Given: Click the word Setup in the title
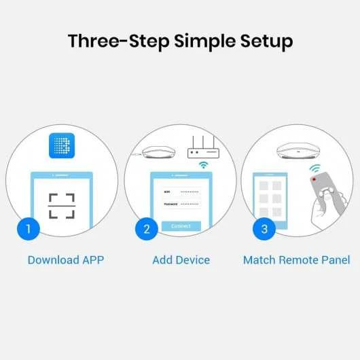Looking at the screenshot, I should [262, 41].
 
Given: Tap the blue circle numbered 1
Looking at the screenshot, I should [28, 228].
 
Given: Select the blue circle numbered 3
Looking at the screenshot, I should [264, 228].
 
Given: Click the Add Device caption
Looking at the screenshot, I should [181, 260].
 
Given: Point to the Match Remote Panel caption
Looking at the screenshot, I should [296, 260].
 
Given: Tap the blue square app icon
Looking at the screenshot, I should [62, 147].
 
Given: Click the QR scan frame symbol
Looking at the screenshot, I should [62, 205].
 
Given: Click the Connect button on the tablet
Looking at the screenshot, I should [181, 226].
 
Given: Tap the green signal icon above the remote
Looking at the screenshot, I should [314, 168].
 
